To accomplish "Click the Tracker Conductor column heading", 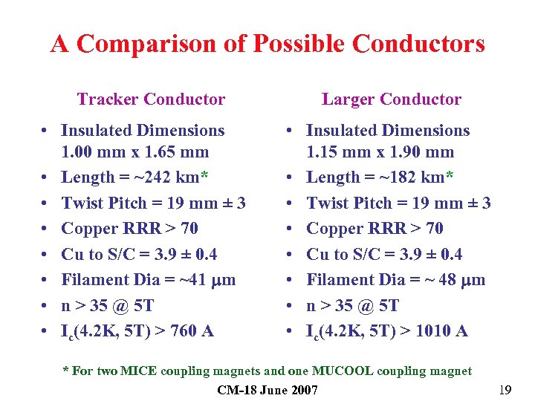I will (x=151, y=100).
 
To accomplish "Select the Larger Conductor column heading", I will (x=391, y=100).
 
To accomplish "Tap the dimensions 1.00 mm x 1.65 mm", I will (x=134, y=152).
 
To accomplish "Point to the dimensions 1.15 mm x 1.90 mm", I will (x=380, y=152).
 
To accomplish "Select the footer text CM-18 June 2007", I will (x=267, y=390).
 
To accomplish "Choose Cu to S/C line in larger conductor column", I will (x=384, y=255).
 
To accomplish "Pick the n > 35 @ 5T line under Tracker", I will (x=107, y=305).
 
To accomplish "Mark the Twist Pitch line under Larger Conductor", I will (x=398, y=203).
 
